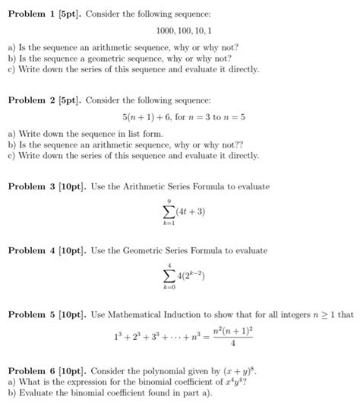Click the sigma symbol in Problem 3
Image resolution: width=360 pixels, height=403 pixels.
coord(169,212)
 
